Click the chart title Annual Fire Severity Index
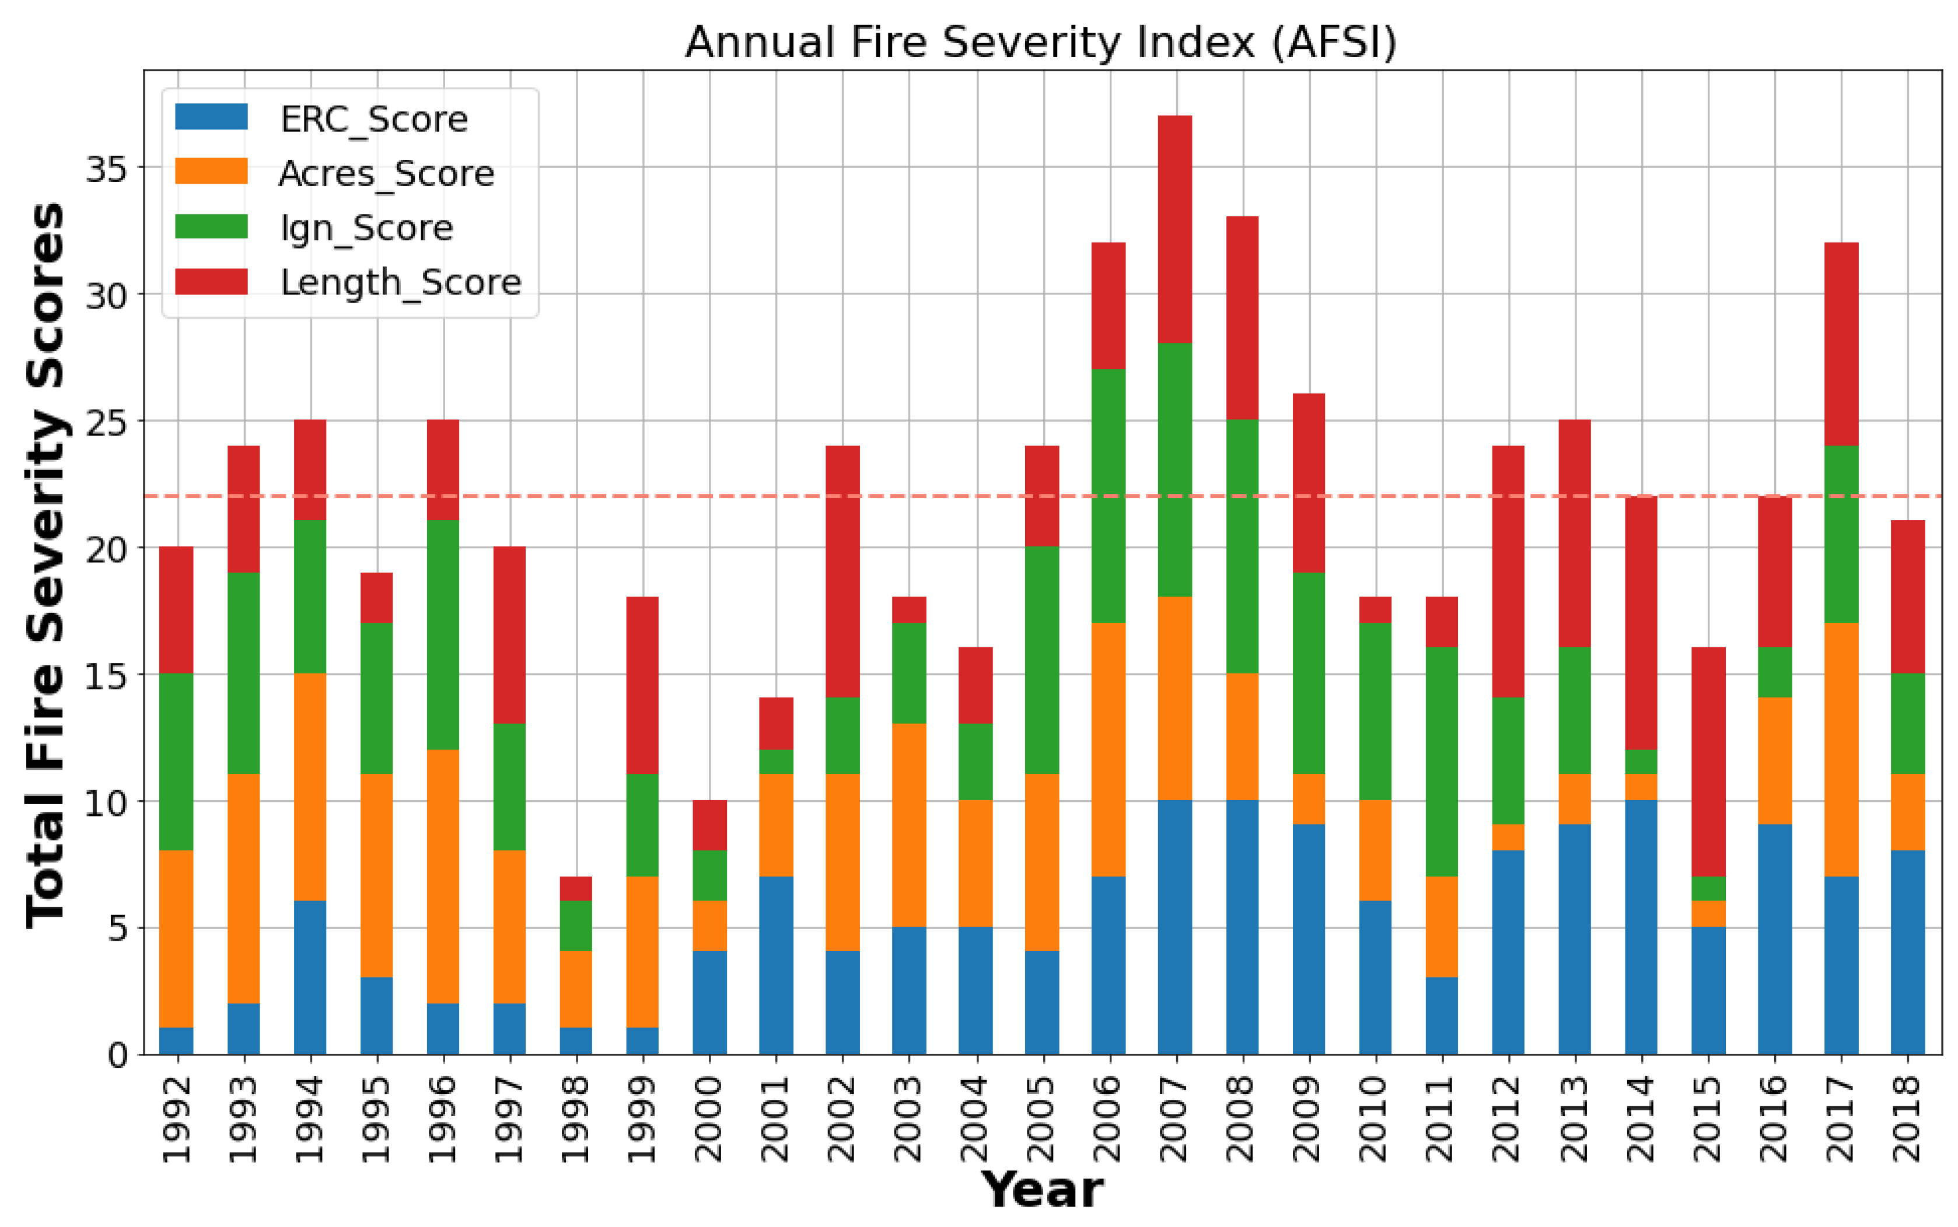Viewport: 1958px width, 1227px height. coord(1041,42)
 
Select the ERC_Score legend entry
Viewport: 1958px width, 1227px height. coord(373,120)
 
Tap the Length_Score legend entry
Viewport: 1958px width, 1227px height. coord(400,282)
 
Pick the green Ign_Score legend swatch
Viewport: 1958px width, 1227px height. coord(211,227)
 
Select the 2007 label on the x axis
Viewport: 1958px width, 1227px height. coord(1174,1119)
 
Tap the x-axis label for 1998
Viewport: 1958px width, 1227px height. coord(575,1119)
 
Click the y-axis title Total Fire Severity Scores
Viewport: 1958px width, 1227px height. coord(46,565)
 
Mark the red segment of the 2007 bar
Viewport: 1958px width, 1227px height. coord(1174,230)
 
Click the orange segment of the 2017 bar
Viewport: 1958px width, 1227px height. coord(1841,750)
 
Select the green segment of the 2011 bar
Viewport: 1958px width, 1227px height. coord(1441,762)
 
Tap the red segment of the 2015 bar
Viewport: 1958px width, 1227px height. coord(1708,762)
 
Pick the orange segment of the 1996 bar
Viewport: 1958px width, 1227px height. coord(442,877)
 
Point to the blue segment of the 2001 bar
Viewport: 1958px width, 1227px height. coord(776,965)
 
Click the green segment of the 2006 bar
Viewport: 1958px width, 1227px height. coord(1108,496)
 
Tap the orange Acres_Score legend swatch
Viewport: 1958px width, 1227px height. coord(211,172)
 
